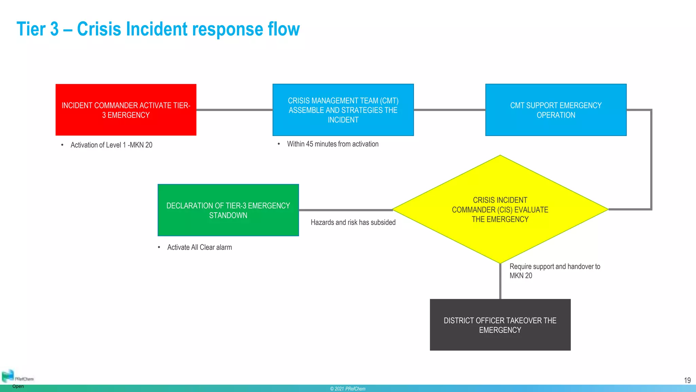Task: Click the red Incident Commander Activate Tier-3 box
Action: coord(126,110)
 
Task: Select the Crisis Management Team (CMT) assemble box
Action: coord(343,110)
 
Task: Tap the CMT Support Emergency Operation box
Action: coord(556,110)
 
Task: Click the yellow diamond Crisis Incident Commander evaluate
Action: coord(500,210)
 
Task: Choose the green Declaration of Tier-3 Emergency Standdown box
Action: coord(228,210)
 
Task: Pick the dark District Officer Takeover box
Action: coord(500,325)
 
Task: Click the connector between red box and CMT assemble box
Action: coord(234,110)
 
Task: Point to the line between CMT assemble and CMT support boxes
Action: coord(449,110)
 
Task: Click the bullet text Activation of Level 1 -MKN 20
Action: coord(111,145)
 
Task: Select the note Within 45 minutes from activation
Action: coord(332,144)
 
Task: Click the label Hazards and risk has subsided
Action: coord(353,223)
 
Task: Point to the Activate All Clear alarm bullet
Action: coord(199,247)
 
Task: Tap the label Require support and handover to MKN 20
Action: coord(554,271)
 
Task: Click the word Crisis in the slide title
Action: coord(99,29)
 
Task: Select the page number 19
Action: coord(687,380)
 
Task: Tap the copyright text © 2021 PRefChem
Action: coord(348,389)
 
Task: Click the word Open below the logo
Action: coord(18,386)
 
